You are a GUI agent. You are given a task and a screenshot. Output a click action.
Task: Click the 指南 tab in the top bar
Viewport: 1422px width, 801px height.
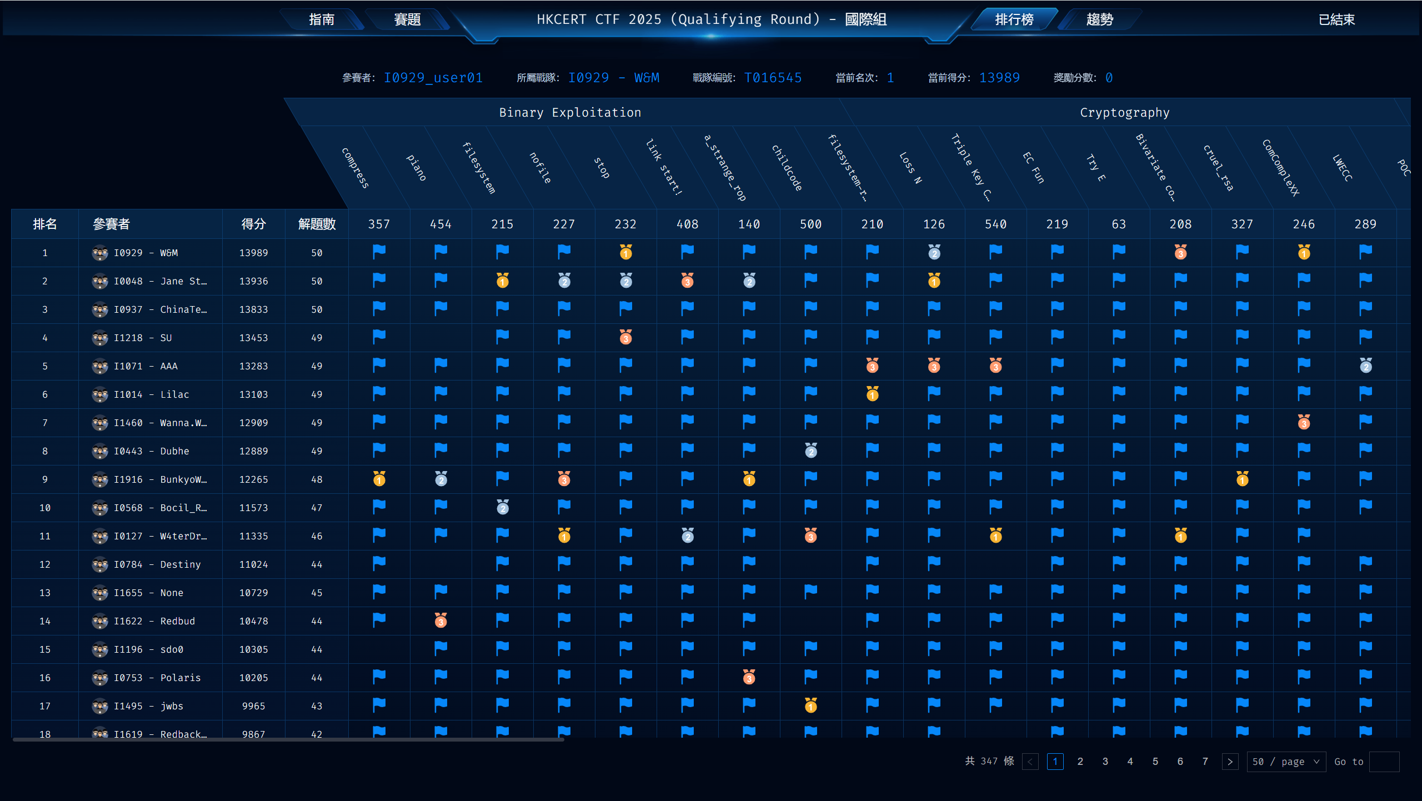click(x=322, y=19)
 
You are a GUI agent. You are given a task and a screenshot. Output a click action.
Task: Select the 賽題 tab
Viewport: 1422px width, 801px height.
click(x=407, y=19)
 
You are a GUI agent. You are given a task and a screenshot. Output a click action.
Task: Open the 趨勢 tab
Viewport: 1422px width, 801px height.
click(x=1099, y=19)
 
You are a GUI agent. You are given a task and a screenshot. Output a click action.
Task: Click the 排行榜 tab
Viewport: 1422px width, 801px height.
click(x=1014, y=19)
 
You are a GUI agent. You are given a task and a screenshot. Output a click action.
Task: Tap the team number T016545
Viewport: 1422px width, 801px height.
click(x=773, y=78)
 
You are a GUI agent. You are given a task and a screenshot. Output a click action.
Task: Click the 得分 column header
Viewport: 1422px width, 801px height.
click(x=253, y=224)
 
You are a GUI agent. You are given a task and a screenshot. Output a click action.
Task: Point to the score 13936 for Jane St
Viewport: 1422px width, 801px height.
click(x=253, y=281)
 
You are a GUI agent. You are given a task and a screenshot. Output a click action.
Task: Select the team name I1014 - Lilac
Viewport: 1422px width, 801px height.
click(x=151, y=394)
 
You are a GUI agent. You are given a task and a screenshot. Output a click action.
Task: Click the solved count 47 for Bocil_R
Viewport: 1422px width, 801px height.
click(x=317, y=508)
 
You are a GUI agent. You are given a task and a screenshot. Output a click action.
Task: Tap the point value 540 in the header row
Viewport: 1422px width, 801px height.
click(x=995, y=224)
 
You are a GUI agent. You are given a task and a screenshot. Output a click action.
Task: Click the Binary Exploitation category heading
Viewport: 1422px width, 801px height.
click(x=570, y=113)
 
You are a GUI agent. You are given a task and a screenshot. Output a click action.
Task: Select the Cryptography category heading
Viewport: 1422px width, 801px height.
click(x=1124, y=113)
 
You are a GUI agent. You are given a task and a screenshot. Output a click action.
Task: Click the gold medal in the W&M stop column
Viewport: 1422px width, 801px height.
click(x=625, y=253)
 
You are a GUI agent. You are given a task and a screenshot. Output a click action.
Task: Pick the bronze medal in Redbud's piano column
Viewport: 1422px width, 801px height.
click(x=440, y=621)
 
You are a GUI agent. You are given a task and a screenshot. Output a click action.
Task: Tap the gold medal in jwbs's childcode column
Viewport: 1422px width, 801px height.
click(x=810, y=706)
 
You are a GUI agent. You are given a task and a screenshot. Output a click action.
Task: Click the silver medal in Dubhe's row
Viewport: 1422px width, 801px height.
click(x=810, y=451)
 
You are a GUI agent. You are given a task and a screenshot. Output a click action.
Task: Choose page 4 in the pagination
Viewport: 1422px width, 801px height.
click(x=1130, y=762)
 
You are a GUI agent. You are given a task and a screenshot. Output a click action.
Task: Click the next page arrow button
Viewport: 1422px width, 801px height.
click(x=1230, y=762)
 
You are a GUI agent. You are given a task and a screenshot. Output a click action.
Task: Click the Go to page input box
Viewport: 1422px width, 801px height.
click(x=1384, y=762)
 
